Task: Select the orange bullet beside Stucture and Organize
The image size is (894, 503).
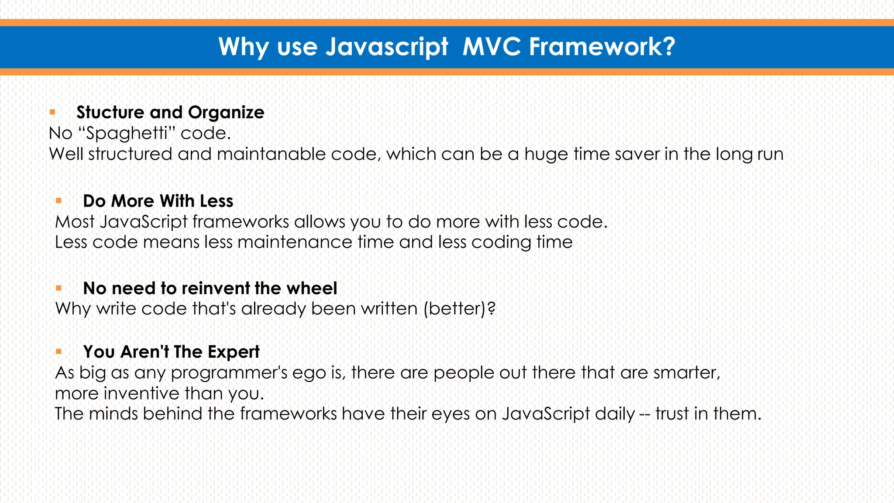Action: [52, 112]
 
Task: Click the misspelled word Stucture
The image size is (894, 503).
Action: [110, 112]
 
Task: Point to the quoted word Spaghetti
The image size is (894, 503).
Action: [127, 133]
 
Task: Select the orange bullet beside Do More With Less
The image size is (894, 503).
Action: [58, 201]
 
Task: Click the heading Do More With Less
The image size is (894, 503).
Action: [158, 201]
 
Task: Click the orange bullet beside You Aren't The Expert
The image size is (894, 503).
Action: [58, 351]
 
